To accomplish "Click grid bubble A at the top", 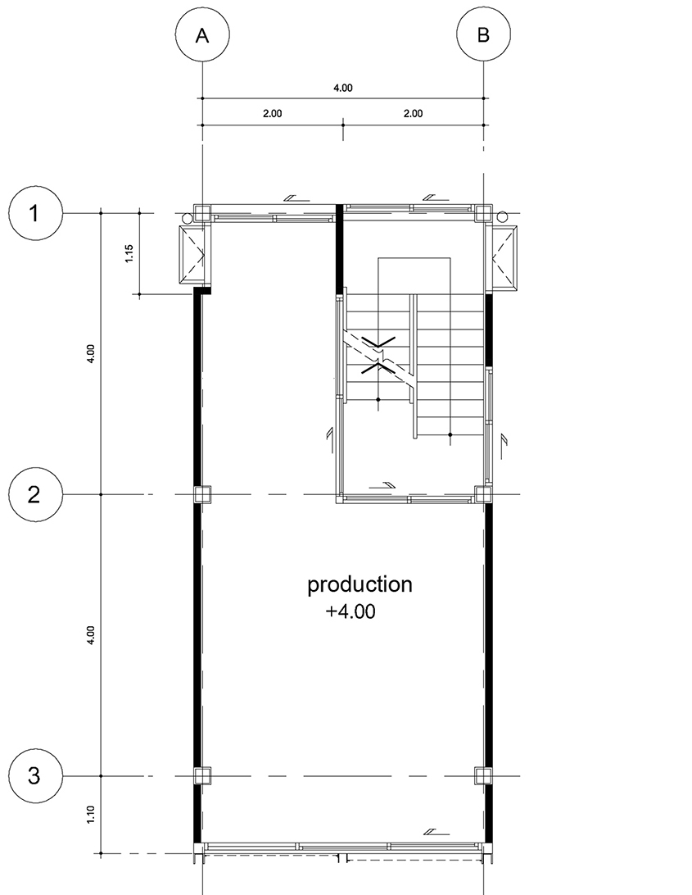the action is [x=202, y=34].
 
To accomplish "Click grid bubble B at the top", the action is [x=483, y=34].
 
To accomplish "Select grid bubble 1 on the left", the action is [x=35, y=212].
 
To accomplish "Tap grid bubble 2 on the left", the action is [x=35, y=494].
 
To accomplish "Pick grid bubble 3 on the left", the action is [x=35, y=775].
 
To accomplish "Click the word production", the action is [x=360, y=585].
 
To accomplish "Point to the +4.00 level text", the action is [x=351, y=611].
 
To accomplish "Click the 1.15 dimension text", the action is [x=129, y=253].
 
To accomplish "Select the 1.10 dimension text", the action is [x=91, y=815].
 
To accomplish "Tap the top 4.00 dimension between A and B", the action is [x=343, y=88].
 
